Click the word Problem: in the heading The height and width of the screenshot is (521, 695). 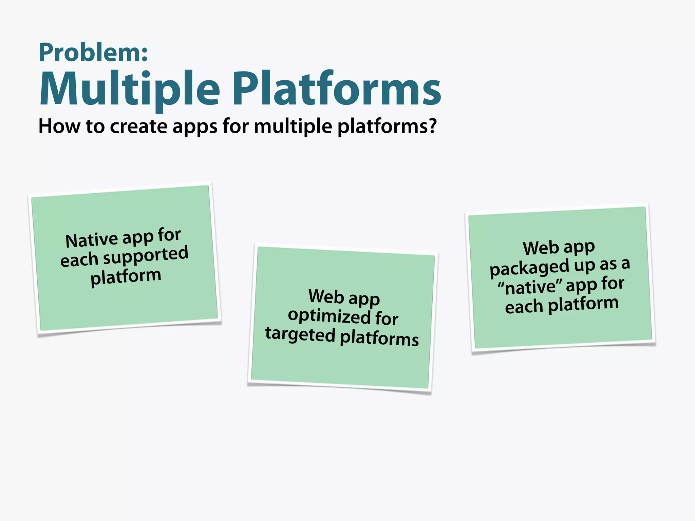(x=93, y=53)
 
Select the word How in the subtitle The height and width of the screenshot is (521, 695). (x=59, y=126)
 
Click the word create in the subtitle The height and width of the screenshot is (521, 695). (x=139, y=126)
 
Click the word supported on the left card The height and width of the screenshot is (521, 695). (x=146, y=256)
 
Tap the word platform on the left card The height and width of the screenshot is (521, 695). (x=126, y=276)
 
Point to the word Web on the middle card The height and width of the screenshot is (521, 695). (x=326, y=296)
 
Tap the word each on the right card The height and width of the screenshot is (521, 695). (x=524, y=307)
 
